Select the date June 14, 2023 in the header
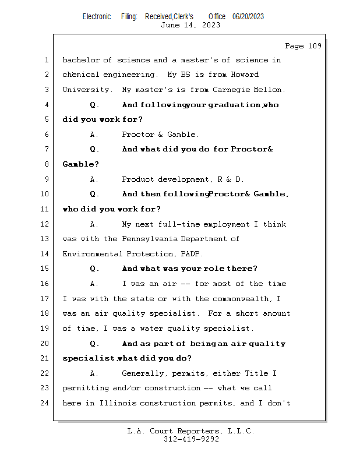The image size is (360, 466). click(x=190, y=25)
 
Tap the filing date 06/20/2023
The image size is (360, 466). click(x=248, y=16)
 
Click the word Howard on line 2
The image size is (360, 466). click(x=245, y=75)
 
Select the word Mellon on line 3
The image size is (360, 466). click(x=270, y=90)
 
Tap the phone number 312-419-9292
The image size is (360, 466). click(x=191, y=440)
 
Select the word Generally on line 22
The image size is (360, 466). click(x=142, y=373)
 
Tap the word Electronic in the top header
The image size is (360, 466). click(x=97, y=16)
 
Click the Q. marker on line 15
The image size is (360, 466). click(x=94, y=269)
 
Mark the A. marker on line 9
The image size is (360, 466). click(x=94, y=179)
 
